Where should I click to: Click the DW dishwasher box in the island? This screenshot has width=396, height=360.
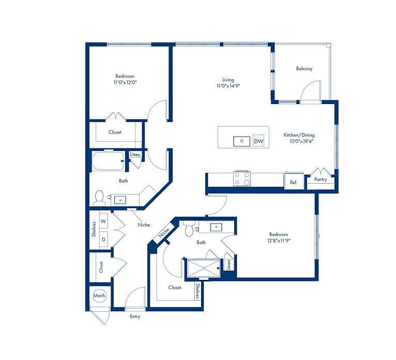click(x=258, y=141)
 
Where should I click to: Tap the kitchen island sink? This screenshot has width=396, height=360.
click(x=242, y=141)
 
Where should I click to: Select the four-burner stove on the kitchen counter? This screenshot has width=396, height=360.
click(x=242, y=178)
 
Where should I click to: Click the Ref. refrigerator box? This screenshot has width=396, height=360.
click(x=294, y=181)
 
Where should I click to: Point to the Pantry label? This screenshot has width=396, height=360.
click(x=321, y=179)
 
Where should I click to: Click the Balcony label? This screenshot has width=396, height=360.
click(x=304, y=68)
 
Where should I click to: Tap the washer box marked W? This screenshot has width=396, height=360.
click(x=103, y=221)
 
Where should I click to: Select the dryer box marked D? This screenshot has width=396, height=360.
click(x=103, y=239)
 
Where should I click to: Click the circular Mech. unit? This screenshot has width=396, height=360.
click(x=99, y=295)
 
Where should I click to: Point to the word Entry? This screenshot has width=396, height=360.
click(x=135, y=317)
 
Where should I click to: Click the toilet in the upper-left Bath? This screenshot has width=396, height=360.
click(x=99, y=198)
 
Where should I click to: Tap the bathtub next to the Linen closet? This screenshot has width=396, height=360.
click(x=108, y=161)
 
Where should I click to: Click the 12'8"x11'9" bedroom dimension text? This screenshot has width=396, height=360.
click(x=279, y=241)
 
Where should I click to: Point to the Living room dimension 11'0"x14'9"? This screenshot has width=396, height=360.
click(x=228, y=86)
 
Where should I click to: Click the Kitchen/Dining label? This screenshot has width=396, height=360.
click(x=299, y=135)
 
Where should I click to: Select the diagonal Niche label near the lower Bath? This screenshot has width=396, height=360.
click(x=164, y=233)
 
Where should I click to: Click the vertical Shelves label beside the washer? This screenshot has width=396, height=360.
click(x=94, y=229)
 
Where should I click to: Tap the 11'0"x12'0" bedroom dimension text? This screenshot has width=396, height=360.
click(x=125, y=82)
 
